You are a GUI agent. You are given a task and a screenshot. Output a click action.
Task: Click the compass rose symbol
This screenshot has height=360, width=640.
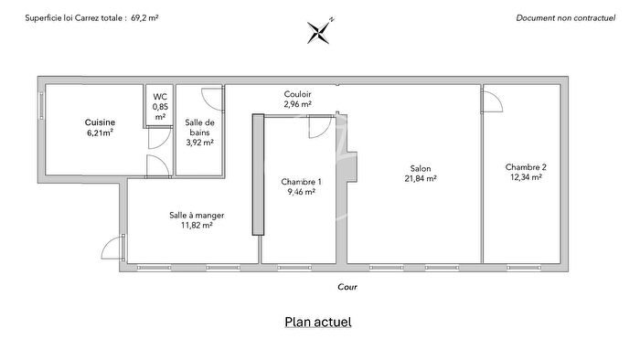(x=322, y=31)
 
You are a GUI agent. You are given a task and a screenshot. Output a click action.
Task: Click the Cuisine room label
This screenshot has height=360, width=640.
(x=99, y=122)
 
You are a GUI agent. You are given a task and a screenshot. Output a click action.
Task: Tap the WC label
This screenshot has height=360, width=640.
(x=160, y=96)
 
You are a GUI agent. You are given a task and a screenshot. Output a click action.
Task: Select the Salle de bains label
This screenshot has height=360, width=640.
(x=199, y=127)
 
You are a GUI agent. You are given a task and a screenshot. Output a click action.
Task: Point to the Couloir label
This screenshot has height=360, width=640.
(x=298, y=94)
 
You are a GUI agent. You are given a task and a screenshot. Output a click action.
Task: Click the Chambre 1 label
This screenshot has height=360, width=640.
(x=301, y=182)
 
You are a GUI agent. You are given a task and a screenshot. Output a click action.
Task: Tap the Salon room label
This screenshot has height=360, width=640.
(x=421, y=168)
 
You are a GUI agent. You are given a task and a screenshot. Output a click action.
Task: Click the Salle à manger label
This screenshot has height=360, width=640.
(x=197, y=215)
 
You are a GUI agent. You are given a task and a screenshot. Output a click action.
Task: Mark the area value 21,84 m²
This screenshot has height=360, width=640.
(x=421, y=179)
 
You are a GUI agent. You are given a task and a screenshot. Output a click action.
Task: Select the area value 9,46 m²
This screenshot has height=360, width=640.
(x=301, y=193)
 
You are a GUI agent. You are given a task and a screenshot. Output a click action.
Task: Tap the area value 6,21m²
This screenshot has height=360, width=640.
(x=99, y=133)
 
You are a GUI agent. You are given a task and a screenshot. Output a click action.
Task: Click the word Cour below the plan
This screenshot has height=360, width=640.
(x=347, y=286)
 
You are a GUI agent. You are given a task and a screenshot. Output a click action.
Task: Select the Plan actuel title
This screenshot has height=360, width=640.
(x=318, y=322)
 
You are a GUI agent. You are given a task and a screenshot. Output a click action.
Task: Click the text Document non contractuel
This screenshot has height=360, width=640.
(x=566, y=17)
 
